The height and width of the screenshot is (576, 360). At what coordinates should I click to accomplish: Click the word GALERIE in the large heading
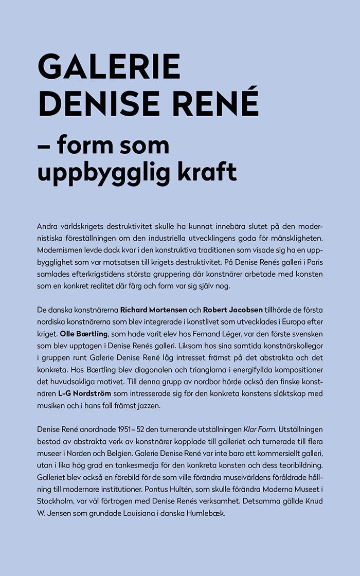tap(110, 67)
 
